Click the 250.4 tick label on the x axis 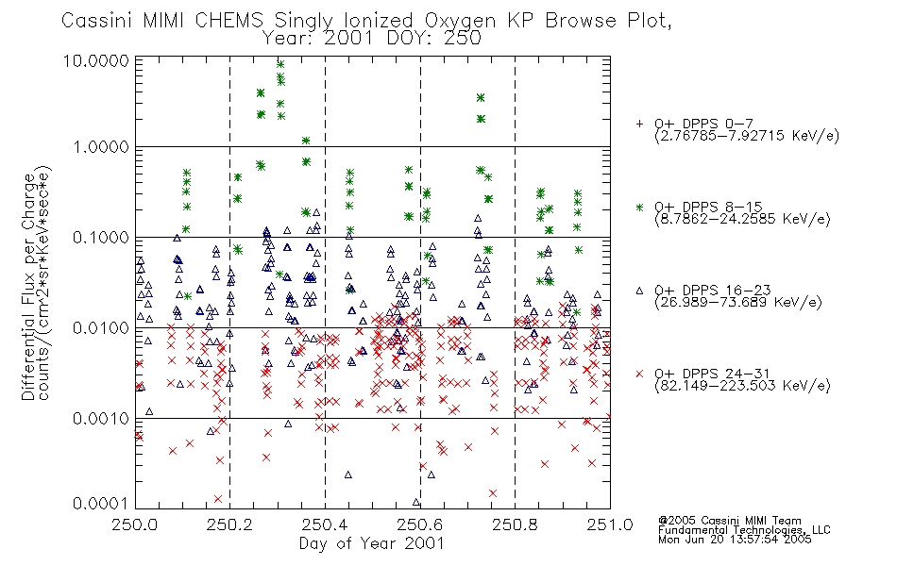tap(325, 524)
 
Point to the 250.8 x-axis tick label tap(515, 524)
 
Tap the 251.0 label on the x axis tap(610, 524)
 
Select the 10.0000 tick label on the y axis tap(96, 60)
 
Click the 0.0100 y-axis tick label tap(101, 328)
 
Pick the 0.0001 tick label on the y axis tap(101, 503)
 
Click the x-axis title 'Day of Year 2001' tap(371, 543)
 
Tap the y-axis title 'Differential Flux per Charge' tap(28, 287)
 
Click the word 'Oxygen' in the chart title tap(461, 21)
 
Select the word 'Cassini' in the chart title tap(97, 21)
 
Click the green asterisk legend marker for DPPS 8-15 tap(639, 207)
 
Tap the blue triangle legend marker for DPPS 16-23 tap(639, 291)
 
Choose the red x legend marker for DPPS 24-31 tap(639, 374)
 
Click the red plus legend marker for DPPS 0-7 tap(639, 124)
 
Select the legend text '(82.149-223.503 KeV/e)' tap(742, 386)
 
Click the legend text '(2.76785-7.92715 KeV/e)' tap(747, 136)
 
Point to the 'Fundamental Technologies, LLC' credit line tap(744, 530)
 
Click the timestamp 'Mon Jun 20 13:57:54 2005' tap(735, 540)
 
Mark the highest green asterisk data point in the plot tap(280, 64)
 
